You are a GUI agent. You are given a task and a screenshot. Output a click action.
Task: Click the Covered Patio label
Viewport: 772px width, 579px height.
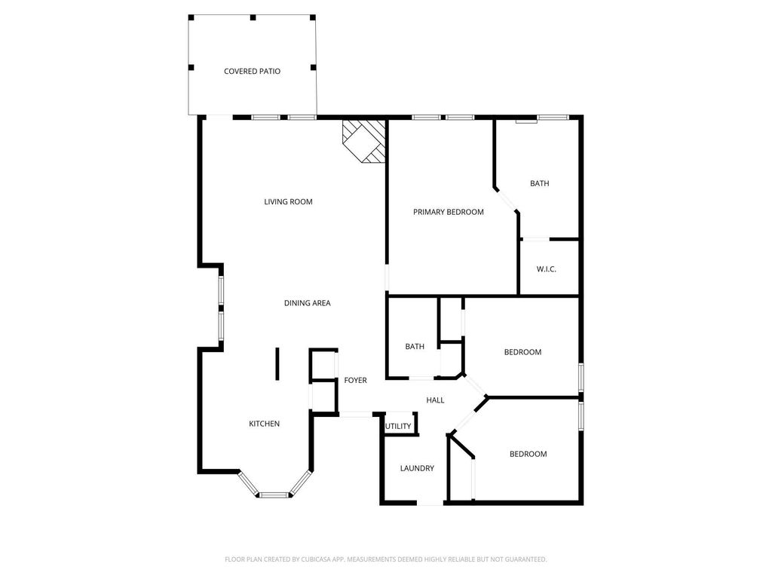[252, 72]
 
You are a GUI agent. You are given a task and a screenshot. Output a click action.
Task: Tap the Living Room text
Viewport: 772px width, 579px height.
[288, 201]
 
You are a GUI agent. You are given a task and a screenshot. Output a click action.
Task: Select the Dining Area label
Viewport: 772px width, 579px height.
[308, 303]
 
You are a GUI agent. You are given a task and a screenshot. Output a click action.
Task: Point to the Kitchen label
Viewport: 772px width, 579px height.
[264, 424]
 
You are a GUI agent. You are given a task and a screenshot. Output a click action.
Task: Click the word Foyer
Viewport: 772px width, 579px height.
[356, 380]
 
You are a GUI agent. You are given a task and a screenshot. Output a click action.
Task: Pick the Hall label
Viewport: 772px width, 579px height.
[435, 400]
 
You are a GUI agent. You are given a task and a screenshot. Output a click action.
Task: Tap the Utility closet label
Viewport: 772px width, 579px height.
[398, 427]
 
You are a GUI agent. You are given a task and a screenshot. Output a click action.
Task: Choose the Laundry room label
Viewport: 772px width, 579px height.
[417, 468]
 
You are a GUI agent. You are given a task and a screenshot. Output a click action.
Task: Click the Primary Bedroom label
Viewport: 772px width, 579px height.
[448, 212]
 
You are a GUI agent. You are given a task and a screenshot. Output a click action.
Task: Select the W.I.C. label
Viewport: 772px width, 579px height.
[547, 269]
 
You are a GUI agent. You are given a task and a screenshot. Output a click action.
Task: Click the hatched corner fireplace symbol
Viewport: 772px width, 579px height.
[364, 141]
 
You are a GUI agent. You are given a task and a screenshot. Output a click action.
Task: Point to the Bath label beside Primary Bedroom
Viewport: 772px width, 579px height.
[540, 183]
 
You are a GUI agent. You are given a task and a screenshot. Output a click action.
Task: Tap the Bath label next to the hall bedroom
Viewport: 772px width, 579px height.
[415, 347]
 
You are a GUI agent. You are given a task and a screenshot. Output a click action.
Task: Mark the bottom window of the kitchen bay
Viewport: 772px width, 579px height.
[274, 495]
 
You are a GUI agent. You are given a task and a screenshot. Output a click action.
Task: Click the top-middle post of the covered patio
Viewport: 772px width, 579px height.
[253, 18]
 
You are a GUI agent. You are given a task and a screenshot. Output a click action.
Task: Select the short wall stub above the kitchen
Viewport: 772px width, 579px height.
[277, 364]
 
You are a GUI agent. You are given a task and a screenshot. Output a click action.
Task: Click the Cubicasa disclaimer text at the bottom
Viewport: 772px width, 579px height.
[385, 559]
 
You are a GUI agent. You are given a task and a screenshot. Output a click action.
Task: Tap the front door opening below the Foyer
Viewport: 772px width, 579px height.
[356, 415]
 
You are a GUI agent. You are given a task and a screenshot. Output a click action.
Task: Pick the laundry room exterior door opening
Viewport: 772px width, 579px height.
[430, 503]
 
